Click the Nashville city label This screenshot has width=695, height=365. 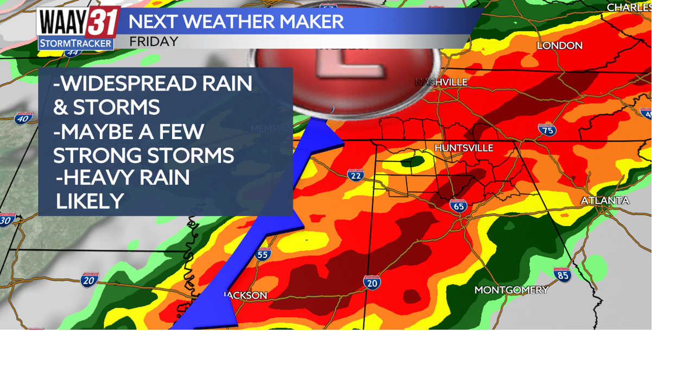(x=441, y=82)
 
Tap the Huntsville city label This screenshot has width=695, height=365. (x=464, y=148)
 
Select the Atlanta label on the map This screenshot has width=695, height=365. (x=605, y=200)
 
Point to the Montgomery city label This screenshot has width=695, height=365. (x=511, y=290)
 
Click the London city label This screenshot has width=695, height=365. (x=559, y=46)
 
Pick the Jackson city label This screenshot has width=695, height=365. (x=246, y=295)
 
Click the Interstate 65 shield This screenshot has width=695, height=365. (x=458, y=206)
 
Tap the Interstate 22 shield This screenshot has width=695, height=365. (x=356, y=175)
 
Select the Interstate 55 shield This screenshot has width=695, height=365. (x=263, y=254)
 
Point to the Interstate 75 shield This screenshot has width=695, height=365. (x=547, y=130)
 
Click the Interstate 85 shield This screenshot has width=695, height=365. (x=563, y=274)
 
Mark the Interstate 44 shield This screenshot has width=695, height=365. (x=72, y=52)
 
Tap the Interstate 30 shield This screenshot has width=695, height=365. (x=7, y=220)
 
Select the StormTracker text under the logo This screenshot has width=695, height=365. (x=76, y=43)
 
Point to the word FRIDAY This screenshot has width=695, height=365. (x=154, y=41)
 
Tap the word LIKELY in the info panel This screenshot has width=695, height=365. (x=90, y=201)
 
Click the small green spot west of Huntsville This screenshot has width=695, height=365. (x=415, y=161)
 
